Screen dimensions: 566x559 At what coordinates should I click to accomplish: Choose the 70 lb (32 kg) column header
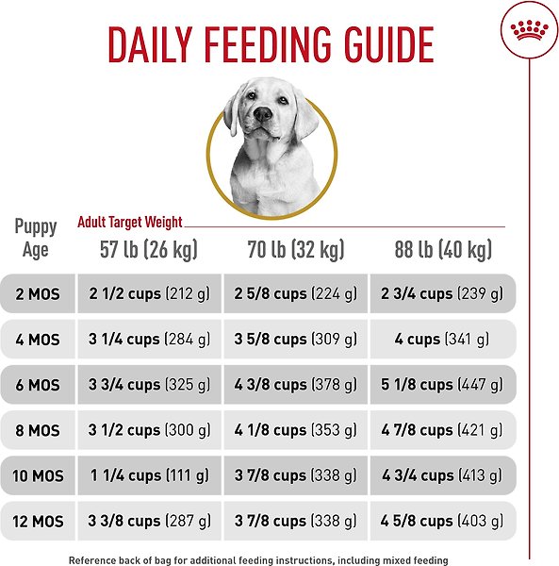pos(295,250)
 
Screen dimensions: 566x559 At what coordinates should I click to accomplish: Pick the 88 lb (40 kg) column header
pos(443,250)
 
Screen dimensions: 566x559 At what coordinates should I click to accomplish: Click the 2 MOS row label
pos(37,294)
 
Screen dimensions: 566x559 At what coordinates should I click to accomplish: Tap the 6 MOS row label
pos(37,385)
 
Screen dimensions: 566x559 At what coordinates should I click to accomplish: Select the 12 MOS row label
pos(37,521)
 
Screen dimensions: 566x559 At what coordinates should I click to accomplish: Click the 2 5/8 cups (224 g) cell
pos(295,294)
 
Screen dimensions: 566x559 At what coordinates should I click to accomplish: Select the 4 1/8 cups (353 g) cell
pos(295,430)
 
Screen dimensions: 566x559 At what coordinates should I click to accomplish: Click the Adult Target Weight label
pos(130,223)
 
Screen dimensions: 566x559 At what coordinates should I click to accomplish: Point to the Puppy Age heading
pos(36,239)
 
